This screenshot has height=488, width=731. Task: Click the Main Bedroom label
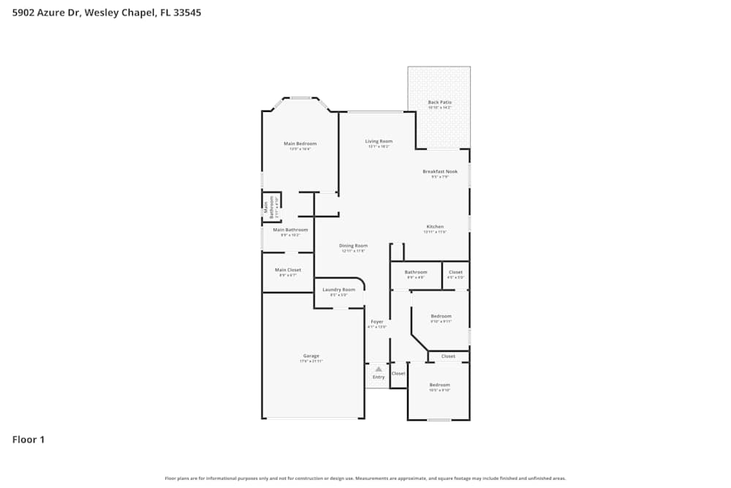tap(300, 143)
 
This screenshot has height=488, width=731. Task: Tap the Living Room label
tap(379, 141)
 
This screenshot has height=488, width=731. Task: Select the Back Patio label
tap(439, 102)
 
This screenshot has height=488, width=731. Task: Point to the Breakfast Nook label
tap(439, 172)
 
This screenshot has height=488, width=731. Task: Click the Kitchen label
tap(435, 227)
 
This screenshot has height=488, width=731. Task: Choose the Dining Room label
tap(353, 246)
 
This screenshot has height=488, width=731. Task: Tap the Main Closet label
tap(287, 270)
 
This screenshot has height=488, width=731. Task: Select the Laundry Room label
tap(338, 290)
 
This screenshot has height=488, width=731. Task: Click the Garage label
tap(311, 356)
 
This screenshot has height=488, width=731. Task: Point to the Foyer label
tap(376, 322)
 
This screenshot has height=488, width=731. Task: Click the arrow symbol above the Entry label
tap(379, 369)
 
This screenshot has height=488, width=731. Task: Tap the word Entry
tap(379, 378)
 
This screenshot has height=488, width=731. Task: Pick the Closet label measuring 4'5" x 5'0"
tap(455, 272)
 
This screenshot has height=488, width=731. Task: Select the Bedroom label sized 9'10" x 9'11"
tap(441, 316)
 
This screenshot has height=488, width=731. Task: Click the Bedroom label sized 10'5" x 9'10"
tap(439, 385)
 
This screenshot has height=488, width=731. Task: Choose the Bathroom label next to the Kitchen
tap(416, 272)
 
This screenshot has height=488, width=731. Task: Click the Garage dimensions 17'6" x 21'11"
tap(311, 361)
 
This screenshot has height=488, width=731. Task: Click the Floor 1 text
tap(29, 440)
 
